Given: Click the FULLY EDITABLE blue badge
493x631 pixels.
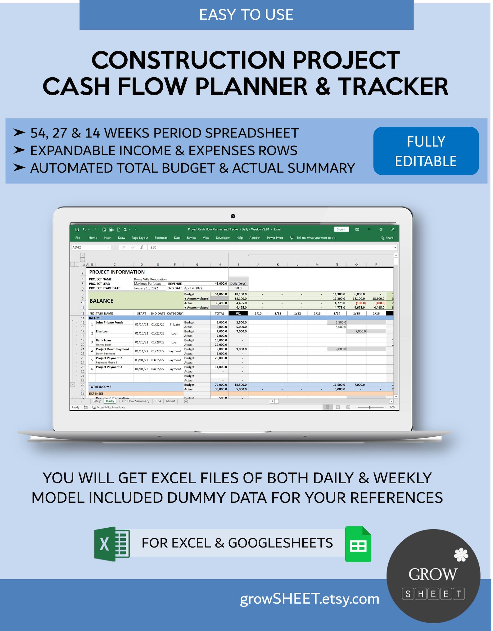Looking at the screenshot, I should point(426,151).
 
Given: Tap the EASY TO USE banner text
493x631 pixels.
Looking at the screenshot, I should point(246,15).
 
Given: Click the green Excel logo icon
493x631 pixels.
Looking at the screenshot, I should point(112,544).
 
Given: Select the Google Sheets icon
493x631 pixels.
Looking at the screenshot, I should point(358,544).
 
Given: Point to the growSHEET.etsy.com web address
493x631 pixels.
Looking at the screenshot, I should point(310,599).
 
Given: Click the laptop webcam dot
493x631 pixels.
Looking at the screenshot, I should point(233,216).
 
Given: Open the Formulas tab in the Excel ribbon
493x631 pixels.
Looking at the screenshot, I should point(161,238).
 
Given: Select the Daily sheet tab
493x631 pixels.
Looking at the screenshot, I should point(110,401).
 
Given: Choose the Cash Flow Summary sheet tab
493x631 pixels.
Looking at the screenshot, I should point(134,401).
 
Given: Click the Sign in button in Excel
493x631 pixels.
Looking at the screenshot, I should point(341,229).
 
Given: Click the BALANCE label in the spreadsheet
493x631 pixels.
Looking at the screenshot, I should point(101,301).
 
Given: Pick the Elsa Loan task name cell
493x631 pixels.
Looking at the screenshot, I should point(103,331).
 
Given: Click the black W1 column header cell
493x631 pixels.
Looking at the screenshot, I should point(238,313).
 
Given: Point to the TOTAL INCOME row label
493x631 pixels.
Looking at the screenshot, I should point(100,387).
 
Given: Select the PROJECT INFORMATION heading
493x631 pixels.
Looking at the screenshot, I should point(117,272).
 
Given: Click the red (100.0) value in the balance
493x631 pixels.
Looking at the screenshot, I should point(360,303).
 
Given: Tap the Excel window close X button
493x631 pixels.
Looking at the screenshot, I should point(393,229).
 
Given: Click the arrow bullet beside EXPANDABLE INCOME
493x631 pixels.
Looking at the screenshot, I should point(19,151).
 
